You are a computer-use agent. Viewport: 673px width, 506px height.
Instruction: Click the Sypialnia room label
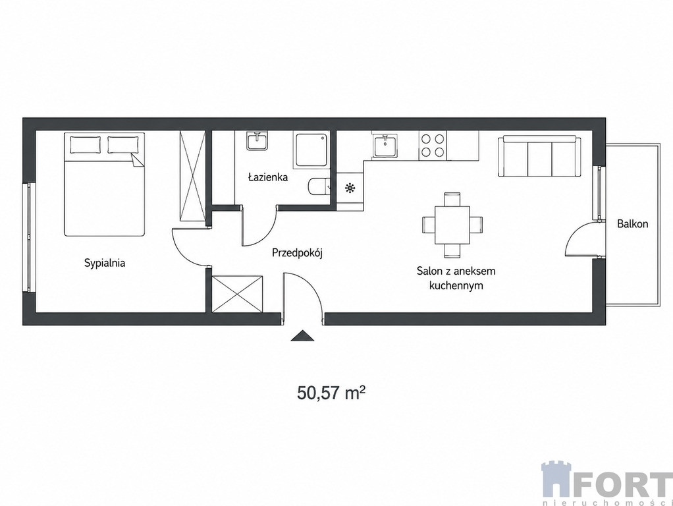[x=105, y=263]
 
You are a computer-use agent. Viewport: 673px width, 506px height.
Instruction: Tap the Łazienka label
[x=268, y=177]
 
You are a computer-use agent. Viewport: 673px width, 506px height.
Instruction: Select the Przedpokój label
[x=297, y=254]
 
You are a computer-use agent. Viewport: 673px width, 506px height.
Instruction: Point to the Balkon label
[x=633, y=224]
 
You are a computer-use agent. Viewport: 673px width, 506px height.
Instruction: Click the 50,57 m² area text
[x=331, y=393]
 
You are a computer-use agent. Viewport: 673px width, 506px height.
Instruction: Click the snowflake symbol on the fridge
[x=350, y=188]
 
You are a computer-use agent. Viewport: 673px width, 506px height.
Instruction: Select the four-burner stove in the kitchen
[x=433, y=145]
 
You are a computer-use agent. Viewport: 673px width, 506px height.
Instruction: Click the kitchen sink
[x=386, y=146]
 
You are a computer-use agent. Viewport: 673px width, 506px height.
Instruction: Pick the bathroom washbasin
[x=257, y=141]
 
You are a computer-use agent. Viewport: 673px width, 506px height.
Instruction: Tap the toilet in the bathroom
[x=319, y=186]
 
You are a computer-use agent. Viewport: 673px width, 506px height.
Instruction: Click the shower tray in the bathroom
[x=311, y=150]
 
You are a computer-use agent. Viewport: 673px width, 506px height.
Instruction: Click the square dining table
[x=453, y=225]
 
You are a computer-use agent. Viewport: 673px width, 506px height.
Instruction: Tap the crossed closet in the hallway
[x=237, y=294]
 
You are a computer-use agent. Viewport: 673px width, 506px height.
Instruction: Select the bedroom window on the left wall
[x=28, y=238]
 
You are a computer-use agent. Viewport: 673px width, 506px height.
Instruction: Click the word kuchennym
[x=456, y=286]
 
